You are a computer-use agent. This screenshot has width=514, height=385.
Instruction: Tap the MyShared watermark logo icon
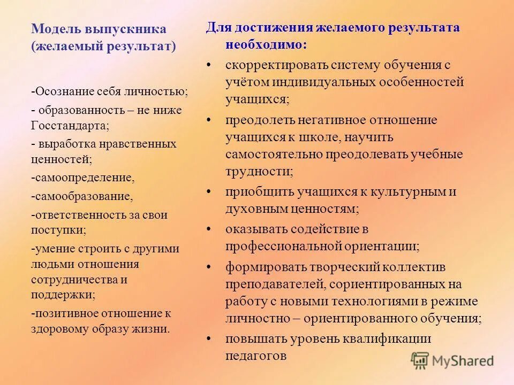click(421, 360)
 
